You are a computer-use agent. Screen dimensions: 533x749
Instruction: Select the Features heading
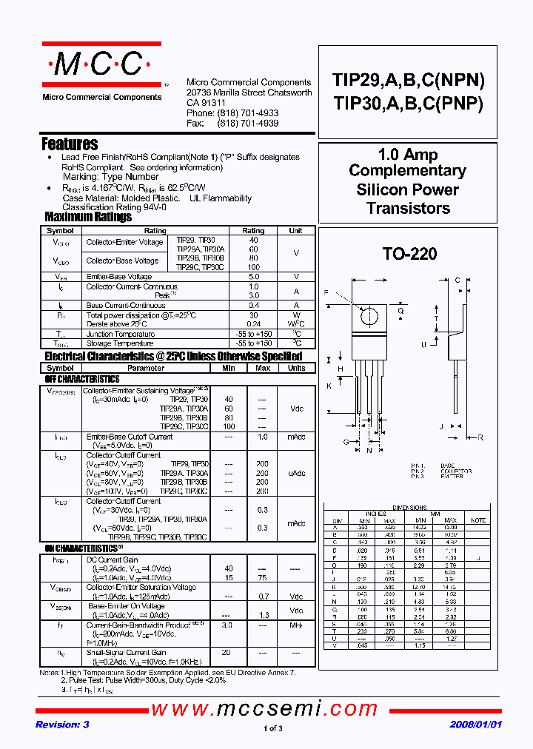70,144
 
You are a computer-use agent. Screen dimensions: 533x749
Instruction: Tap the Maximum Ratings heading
88,217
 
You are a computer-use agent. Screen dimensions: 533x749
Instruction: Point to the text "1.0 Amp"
408,155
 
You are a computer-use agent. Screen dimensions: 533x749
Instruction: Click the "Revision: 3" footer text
62,725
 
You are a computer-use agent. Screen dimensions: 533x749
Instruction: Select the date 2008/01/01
475,725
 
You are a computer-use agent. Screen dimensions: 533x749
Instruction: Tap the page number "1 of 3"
273,729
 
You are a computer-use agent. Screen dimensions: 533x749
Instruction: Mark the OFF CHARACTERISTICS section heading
82,379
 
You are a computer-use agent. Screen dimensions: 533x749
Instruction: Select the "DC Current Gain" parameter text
113,560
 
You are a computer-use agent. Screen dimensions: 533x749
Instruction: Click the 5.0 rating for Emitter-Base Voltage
254,276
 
